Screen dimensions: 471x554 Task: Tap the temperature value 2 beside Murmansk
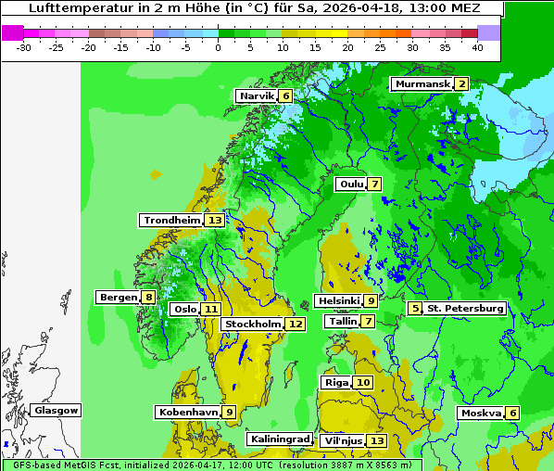pos(461,84)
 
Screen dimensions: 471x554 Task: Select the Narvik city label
pos(257,96)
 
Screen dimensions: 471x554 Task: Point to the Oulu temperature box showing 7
pos(373,184)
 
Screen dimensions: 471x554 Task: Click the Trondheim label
pos(171,221)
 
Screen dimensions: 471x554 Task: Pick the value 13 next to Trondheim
pos(215,221)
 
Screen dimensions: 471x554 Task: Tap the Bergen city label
pos(118,298)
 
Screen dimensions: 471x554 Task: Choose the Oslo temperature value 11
pos(212,310)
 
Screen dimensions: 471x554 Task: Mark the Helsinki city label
pos(337,300)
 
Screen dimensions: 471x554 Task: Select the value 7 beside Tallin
pos(368,322)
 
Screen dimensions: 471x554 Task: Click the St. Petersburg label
pos(464,308)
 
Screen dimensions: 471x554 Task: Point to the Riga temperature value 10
pos(362,383)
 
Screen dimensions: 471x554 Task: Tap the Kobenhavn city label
pos(188,412)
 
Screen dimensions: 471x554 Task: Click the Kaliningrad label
pos(279,439)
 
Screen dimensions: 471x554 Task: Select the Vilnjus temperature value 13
pos(376,440)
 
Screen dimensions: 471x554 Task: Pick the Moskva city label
pos(481,414)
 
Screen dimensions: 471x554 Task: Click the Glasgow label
pos(57,411)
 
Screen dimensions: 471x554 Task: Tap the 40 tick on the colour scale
pos(477,47)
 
